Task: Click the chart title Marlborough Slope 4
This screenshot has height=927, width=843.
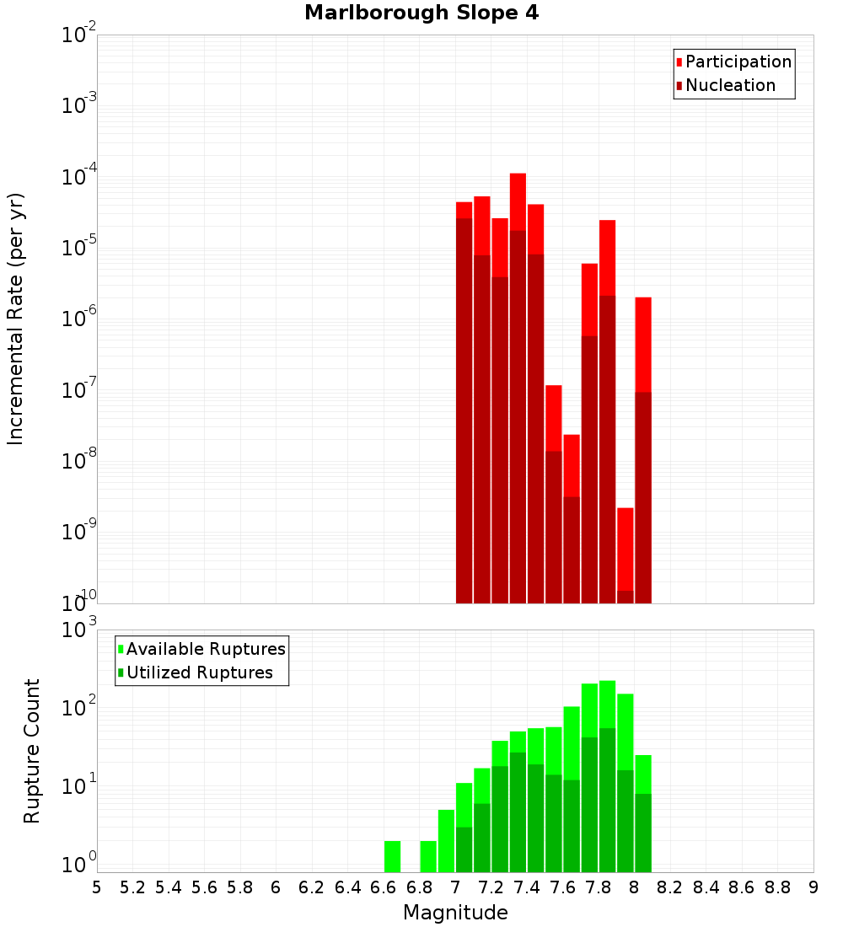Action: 421,13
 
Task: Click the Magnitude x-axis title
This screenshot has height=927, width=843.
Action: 455,913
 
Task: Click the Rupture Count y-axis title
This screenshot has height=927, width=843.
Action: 32,751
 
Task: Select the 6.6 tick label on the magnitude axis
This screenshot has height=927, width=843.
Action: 384,887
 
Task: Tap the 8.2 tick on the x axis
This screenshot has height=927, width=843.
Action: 670,887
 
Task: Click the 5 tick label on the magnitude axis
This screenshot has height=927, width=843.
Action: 97,887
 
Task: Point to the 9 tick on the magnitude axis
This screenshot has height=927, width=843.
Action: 813,887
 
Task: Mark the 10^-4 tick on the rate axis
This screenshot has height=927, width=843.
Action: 79,176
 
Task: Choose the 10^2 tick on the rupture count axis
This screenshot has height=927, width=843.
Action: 79,707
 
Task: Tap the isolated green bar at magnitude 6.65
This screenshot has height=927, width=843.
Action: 392,856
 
